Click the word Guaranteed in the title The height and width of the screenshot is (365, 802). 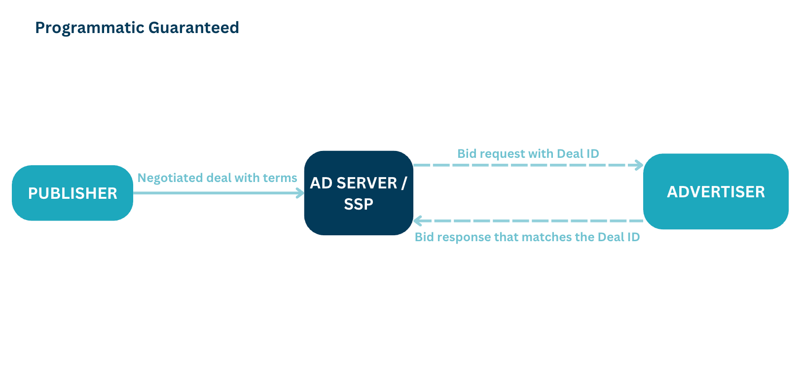tap(193, 28)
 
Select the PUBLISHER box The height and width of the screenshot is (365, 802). tap(73, 193)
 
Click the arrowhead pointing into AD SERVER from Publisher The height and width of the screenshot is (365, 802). tap(300, 193)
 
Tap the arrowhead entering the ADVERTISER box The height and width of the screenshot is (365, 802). tap(639, 165)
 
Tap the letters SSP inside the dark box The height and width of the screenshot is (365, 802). tap(359, 204)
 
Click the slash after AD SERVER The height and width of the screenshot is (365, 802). tap(404, 183)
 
